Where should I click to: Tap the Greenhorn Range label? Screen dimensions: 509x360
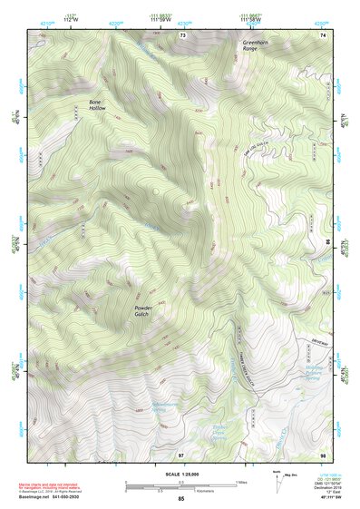[x=257, y=46]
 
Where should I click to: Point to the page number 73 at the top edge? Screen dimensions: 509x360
[x=182, y=34]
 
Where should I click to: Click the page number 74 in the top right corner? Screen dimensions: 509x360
[x=322, y=34]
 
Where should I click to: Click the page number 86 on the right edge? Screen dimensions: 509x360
[x=327, y=242]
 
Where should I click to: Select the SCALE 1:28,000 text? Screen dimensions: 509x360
[x=180, y=474]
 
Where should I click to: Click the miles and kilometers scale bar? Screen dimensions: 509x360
[x=180, y=486]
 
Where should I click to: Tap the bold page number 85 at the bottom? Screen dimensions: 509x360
[x=180, y=499]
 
